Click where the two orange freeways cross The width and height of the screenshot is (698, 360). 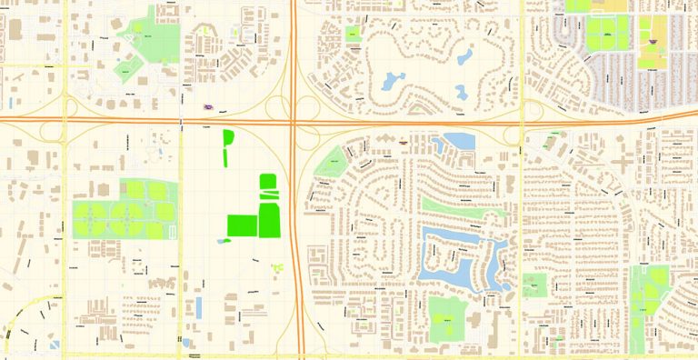294,120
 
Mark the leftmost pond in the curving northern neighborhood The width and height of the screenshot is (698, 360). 393,81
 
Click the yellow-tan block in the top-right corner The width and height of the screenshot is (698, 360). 617,5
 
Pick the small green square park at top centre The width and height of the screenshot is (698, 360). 352,35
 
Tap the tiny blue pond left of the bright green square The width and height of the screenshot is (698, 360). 224,241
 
